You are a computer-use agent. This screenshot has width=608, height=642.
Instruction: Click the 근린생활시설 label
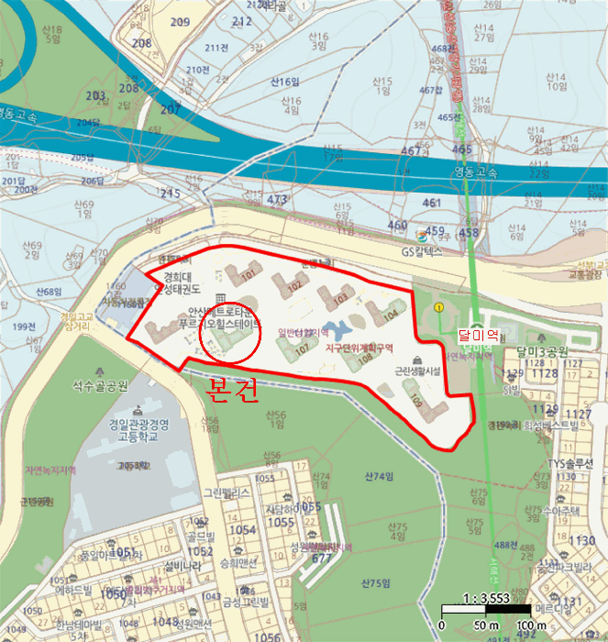click(x=417, y=371)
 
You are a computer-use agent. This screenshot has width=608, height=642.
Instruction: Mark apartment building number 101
click(x=249, y=273)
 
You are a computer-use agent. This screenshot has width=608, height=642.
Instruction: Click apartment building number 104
click(x=391, y=314)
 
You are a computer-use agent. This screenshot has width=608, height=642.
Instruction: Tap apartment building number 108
click(x=364, y=359)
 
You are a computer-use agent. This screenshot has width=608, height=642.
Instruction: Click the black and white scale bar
click(x=485, y=609)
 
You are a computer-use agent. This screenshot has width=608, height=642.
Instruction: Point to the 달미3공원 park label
click(x=543, y=351)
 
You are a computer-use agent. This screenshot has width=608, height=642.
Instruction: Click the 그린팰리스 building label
click(x=227, y=492)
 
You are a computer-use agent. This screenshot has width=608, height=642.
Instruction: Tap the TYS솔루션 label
click(x=571, y=463)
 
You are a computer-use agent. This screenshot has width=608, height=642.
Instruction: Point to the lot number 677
click(x=321, y=558)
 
